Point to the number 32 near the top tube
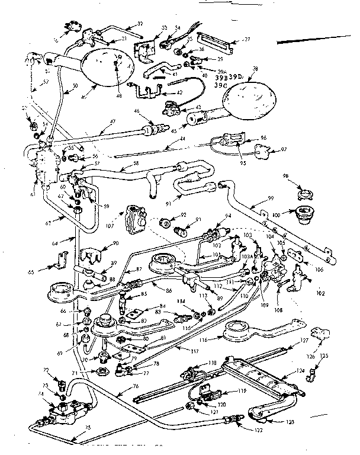[x=140, y=24]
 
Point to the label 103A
[x=246, y=257]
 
